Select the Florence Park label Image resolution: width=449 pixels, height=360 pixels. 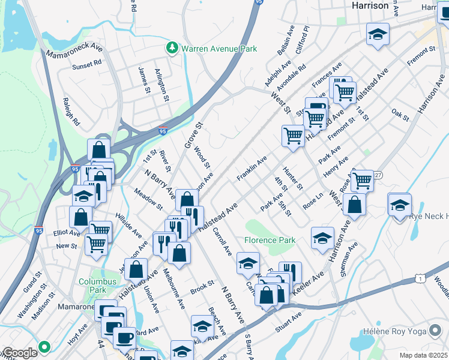(x=270, y=240)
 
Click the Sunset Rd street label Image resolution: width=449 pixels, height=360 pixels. (x=87, y=64)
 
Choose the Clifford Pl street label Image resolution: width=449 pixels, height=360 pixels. (x=301, y=38)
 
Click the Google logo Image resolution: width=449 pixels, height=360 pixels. (x=20, y=353)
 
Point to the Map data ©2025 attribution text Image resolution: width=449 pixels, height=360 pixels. (x=423, y=355)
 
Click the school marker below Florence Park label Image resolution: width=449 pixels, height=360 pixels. (x=248, y=262)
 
